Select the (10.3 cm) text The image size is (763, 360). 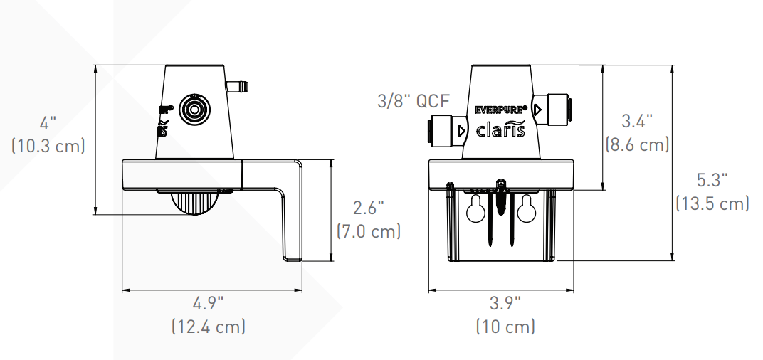pyautogui.click(x=48, y=146)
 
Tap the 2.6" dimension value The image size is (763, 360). pyautogui.click(x=368, y=208)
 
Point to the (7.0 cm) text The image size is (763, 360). pyautogui.click(x=368, y=231)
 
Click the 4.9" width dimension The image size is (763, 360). pyautogui.click(x=208, y=303)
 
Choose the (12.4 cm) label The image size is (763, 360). pyautogui.click(x=208, y=327)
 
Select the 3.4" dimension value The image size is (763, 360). pyautogui.click(x=637, y=121)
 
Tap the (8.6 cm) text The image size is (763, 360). pyautogui.click(x=637, y=144)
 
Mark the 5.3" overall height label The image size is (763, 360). pyautogui.click(x=712, y=180)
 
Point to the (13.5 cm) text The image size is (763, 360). pyautogui.click(x=712, y=203)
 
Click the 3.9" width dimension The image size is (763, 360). pyautogui.click(x=505, y=303)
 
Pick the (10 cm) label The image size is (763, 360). pyautogui.click(x=505, y=327)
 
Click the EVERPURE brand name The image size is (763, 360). pyautogui.click(x=500, y=110)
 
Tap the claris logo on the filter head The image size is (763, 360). pyautogui.click(x=500, y=129)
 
